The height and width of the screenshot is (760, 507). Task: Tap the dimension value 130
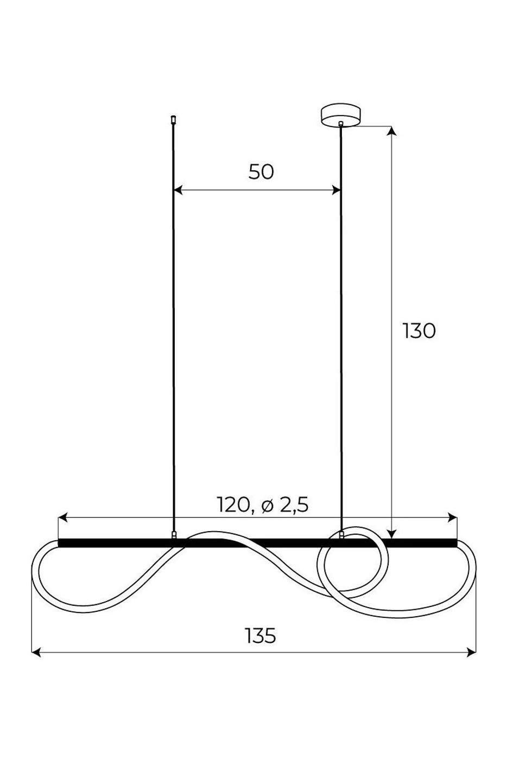[x=419, y=331]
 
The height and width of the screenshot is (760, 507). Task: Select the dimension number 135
[x=261, y=636]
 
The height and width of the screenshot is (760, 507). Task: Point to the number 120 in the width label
[x=233, y=505]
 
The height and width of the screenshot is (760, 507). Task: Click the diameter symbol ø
[x=268, y=506]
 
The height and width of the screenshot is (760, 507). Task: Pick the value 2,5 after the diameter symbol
[x=294, y=506]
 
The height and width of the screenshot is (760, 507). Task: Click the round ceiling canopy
[x=340, y=116]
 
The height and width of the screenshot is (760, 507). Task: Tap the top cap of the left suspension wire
[x=174, y=120]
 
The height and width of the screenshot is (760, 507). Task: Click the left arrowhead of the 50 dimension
[x=178, y=190]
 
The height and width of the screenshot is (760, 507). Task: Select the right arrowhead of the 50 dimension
[x=335, y=190]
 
